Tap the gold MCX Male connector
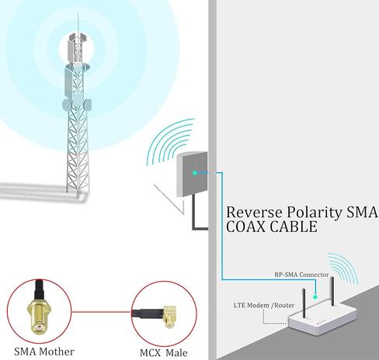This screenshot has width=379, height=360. (x=170, y=317)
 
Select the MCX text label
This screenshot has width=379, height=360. (x=150, y=353)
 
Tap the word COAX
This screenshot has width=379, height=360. (x=245, y=227)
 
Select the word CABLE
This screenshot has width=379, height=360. (x=294, y=227)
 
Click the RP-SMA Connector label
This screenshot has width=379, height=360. (x=301, y=275)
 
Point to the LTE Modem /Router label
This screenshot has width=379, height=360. (x=264, y=305)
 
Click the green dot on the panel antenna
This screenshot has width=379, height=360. (x=195, y=173)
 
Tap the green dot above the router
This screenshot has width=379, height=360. (x=315, y=297)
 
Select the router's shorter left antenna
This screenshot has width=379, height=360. (x=304, y=303)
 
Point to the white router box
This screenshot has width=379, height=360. (x=322, y=318)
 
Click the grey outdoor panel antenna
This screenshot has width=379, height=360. (x=192, y=174)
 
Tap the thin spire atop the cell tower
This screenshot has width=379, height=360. (x=78, y=24)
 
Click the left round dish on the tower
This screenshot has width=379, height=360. (x=67, y=105)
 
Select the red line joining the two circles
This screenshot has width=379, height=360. (x=101, y=312)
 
